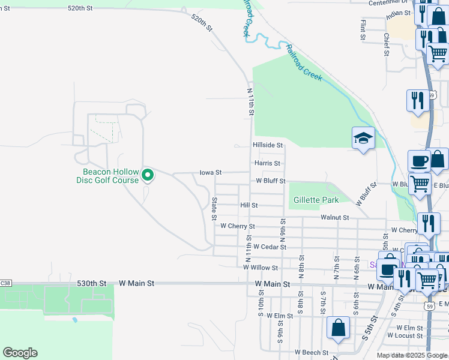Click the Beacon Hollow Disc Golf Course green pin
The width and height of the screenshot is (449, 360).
coord(148,175)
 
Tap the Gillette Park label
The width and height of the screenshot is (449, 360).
coord(316,200)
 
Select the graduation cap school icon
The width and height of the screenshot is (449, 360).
coord(363,139)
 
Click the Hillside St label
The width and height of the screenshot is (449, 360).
coord(267,145)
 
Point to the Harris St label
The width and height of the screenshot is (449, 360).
coord(267,163)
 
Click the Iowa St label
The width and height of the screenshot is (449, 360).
coord(211,172)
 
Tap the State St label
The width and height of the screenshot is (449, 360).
coord(214,208)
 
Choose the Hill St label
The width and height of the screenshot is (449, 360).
coord(249,205)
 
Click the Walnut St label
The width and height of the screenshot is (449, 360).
coord(335,217)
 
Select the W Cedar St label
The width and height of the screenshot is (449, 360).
coord(270,247)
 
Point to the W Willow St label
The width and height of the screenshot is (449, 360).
coord(261,268)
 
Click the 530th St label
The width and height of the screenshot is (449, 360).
coord(91,283)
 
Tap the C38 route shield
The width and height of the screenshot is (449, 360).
coord(5,283)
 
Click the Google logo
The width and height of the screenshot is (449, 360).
coord(20,353)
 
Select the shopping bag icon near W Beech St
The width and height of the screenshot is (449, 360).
coord(338,328)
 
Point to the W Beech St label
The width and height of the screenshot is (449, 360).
coord(311,352)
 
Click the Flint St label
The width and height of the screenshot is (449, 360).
coord(363,29)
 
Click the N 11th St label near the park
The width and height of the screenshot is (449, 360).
coord(251,101)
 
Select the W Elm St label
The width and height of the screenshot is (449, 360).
coord(279,316)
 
